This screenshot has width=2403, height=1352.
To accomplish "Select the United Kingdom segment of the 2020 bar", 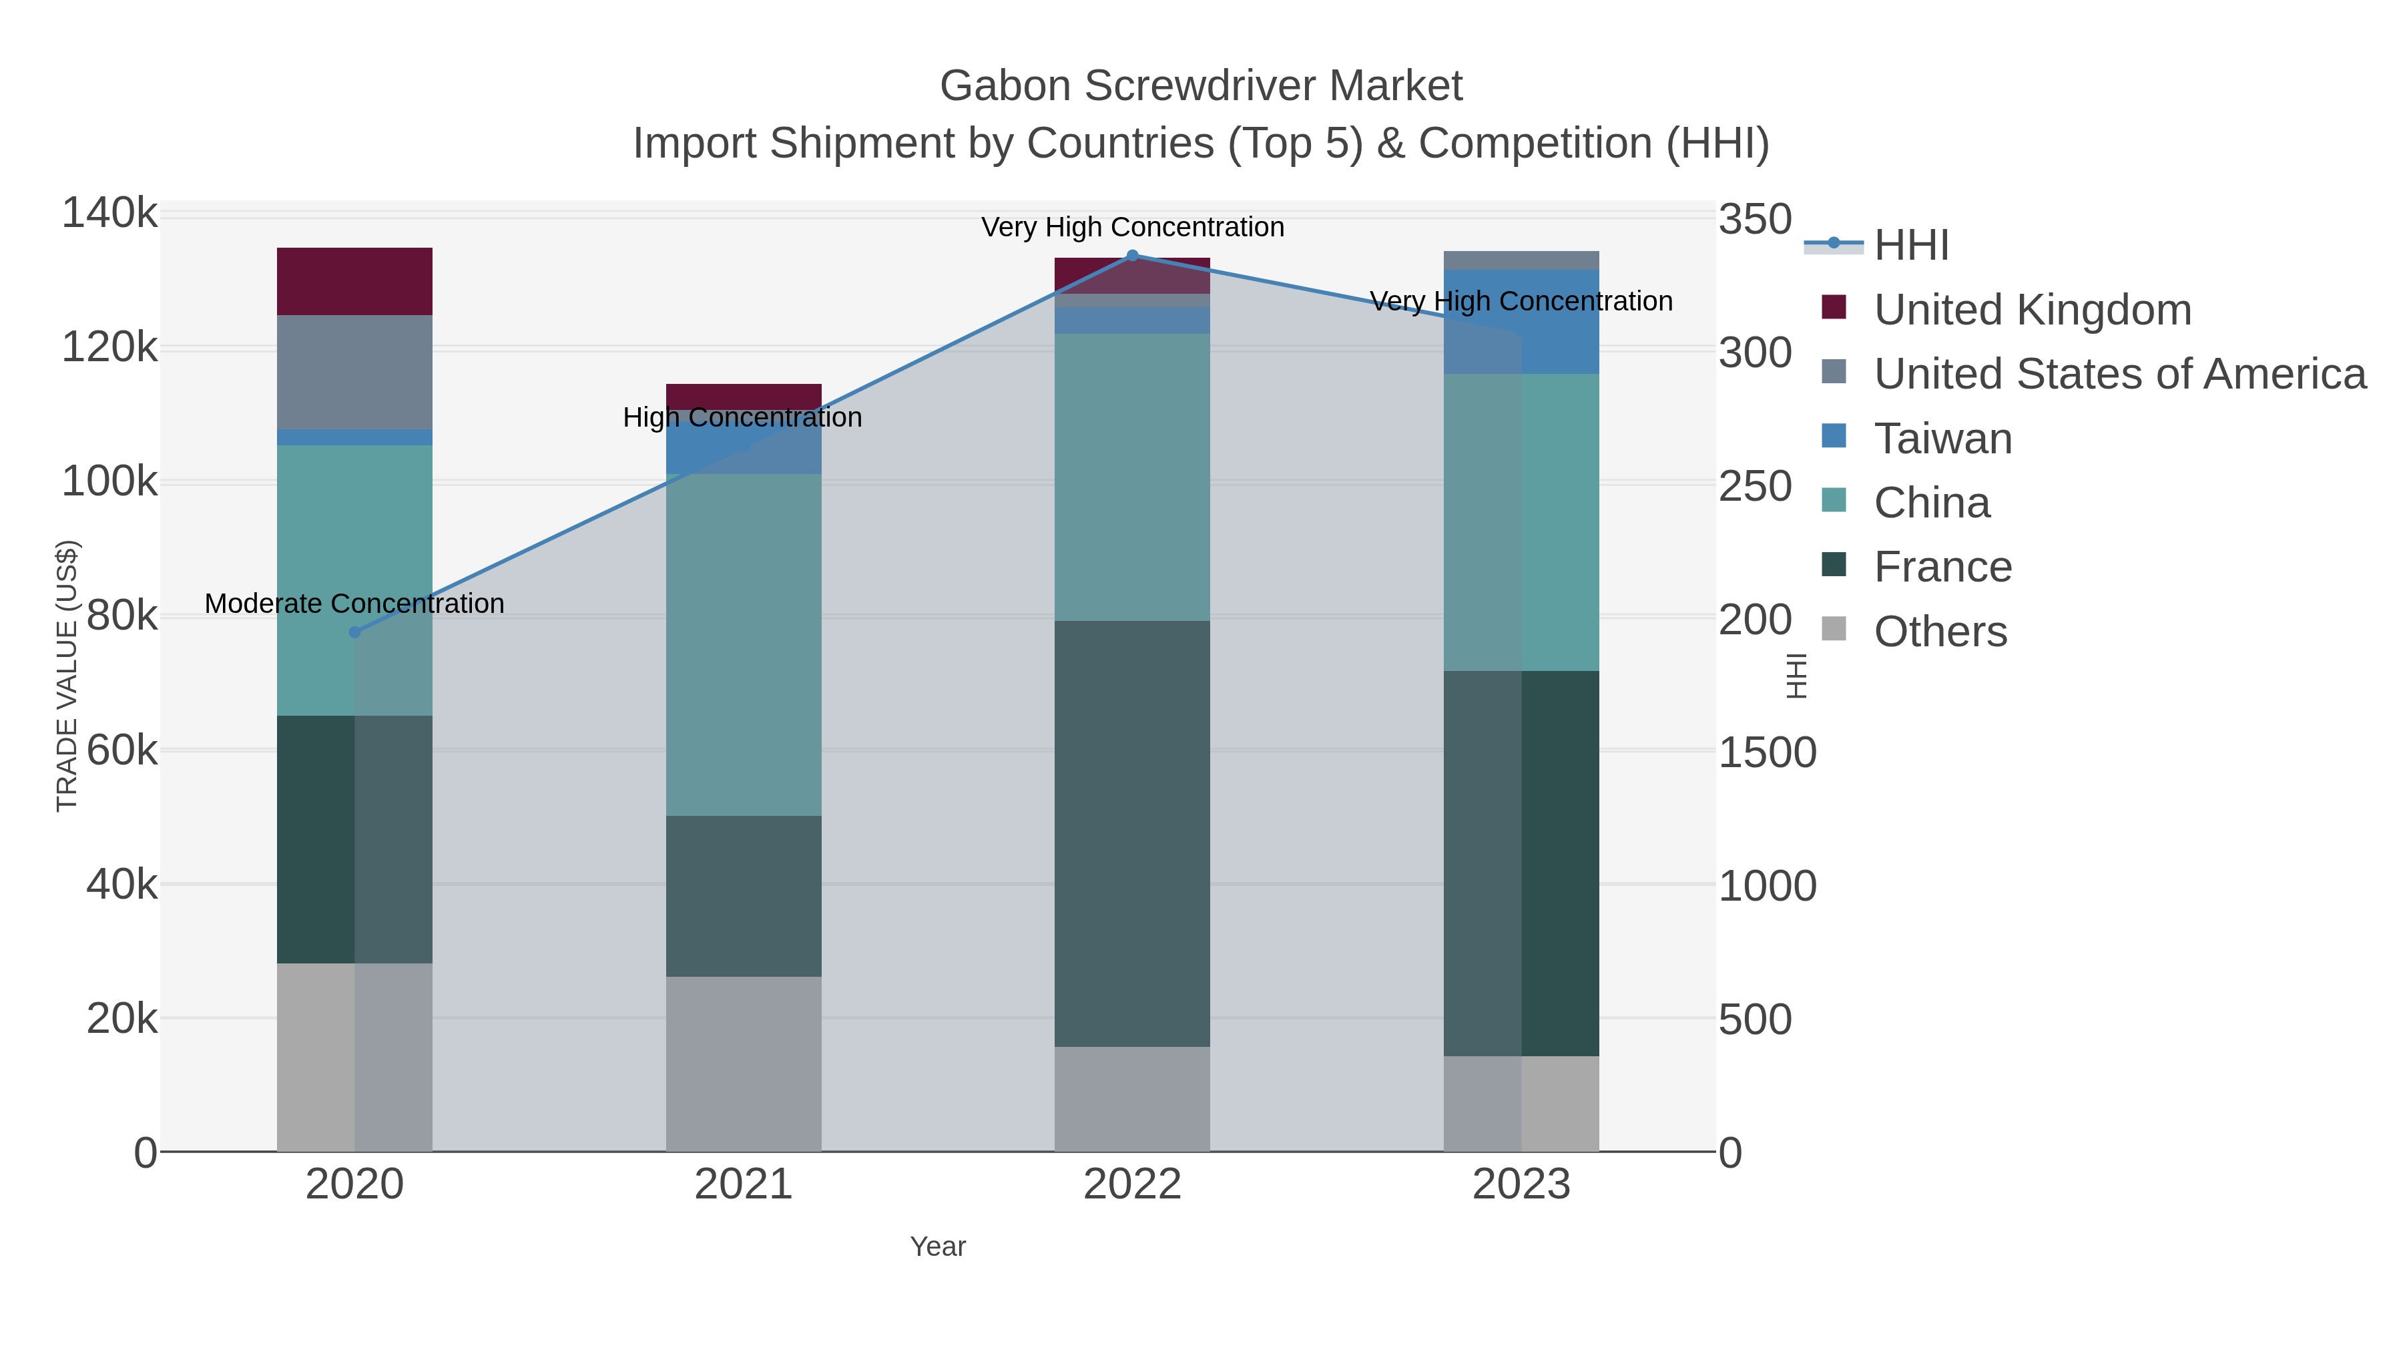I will pyautogui.click(x=354, y=281).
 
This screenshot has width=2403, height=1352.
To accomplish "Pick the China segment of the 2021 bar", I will pyautogui.click(x=744, y=644).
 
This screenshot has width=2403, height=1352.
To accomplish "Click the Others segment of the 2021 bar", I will pyautogui.click(x=744, y=1064).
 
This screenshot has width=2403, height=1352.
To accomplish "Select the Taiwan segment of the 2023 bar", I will pyautogui.click(x=1521, y=322).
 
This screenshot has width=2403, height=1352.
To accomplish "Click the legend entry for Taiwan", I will pyautogui.click(x=1942, y=439).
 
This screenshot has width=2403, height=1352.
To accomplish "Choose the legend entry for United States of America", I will pyautogui.click(x=2117, y=374).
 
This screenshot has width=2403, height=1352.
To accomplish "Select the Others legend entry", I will pyautogui.click(x=1940, y=632).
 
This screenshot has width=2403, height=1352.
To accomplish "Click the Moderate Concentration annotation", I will pyautogui.click(x=354, y=604).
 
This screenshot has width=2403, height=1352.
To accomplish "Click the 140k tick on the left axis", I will pyautogui.click(x=109, y=214).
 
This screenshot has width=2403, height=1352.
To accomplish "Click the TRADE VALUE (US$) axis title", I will pyautogui.click(x=67, y=676).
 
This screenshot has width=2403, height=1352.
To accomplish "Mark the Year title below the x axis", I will pyautogui.click(x=938, y=1247).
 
